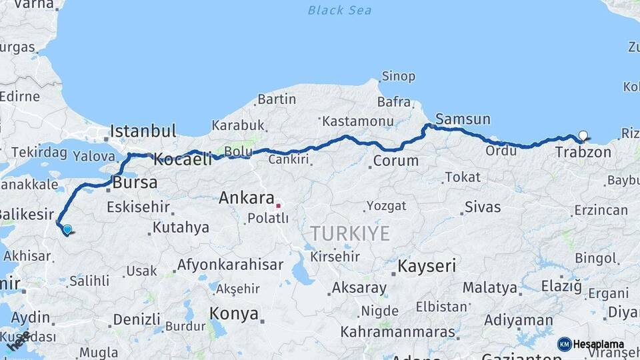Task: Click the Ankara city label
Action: pyautogui.click(x=247, y=198)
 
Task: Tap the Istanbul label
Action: pyautogui.click(x=143, y=131)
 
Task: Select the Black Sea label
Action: pyautogui.click(x=339, y=11)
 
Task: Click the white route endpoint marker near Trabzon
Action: pyautogui.click(x=583, y=136)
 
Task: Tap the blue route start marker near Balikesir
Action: pyautogui.click(x=67, y=230)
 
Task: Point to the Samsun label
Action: pyautogui.click(x=463, y=119)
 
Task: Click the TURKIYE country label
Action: pyautogui.click(x=349, y=233)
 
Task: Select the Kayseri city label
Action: pyautogui.click(x=427, y=267)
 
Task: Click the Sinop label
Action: pyautogui.click(x=398, y=77)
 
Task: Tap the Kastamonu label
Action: pyautogui.click(x=357, y=121)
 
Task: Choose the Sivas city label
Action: pyautogui.click(x=483, y=207)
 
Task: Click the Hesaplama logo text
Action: pyautogui.click(x=598, y=344)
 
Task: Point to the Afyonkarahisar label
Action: pyautogui.click(x=230, y=265)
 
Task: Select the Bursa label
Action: pyautogui.click(x=135, y=182)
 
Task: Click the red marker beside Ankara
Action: pyautogui.click(x=278, y=205)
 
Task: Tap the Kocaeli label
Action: pyautogui.click(x=182, y=159)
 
